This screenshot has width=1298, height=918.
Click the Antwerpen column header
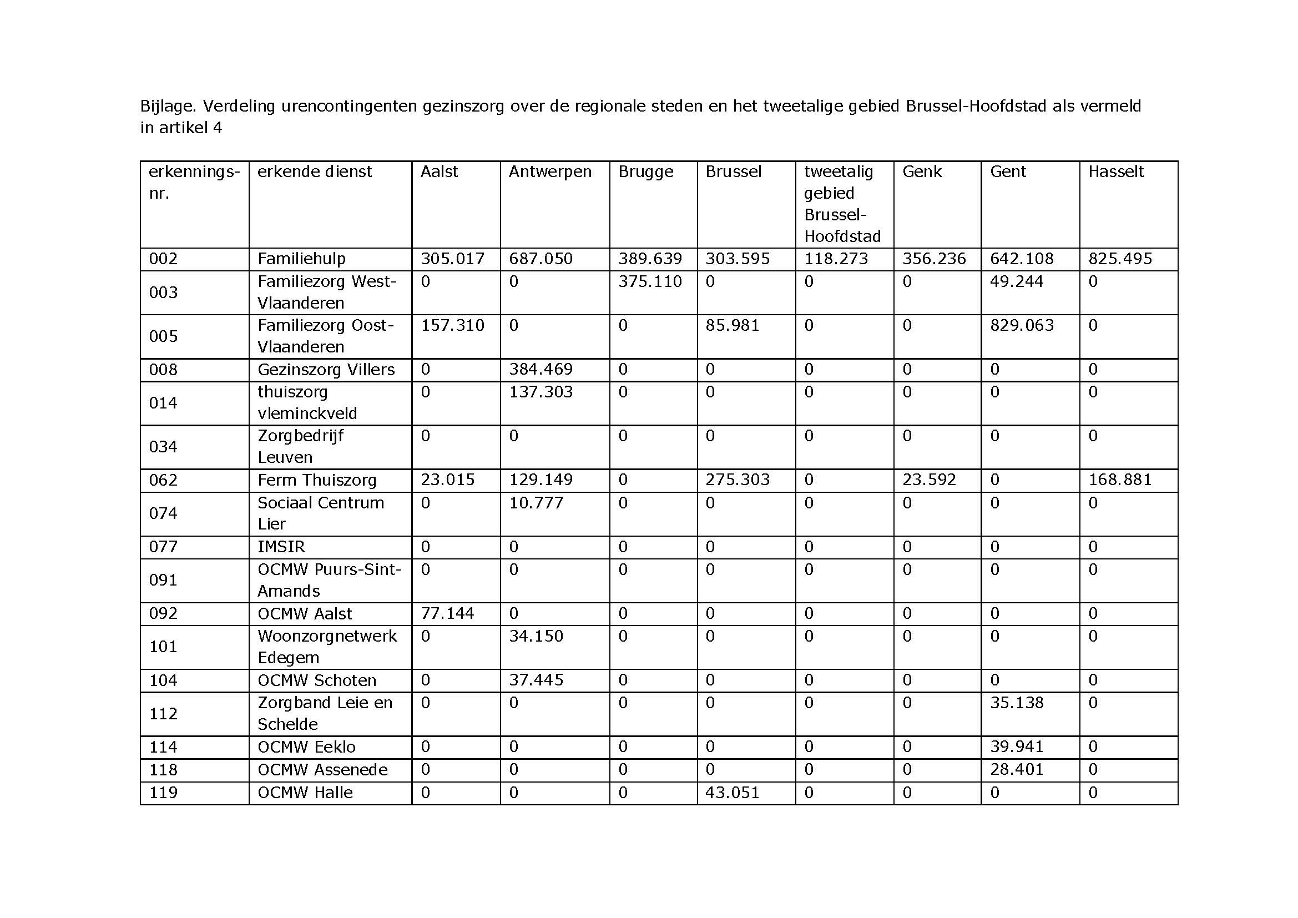point(549,172)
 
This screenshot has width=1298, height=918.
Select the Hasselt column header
point(1115,172)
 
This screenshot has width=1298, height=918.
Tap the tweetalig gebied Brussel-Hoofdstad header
point(842,204)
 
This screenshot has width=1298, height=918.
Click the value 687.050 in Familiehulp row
point(541,259)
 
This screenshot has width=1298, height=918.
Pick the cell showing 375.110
point(650,281)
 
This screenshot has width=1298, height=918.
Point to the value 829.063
point(1022,326)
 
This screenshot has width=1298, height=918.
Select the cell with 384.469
point(541,370)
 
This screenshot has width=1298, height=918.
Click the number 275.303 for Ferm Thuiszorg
point(737,480)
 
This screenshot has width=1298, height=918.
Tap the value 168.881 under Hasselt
point(1119,480)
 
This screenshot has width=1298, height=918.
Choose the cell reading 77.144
point(447,613)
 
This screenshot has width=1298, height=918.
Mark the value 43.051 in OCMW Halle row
point(732,793)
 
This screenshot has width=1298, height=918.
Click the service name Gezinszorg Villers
point(326,370)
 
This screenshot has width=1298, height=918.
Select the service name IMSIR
point(281,547)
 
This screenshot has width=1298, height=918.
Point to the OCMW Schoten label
point(316,680)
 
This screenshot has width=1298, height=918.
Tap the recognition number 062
point(163,480)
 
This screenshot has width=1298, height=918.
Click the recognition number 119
point(163,793)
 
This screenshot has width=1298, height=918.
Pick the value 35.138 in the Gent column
point(1017,703)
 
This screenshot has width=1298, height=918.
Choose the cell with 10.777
point(536,502)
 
